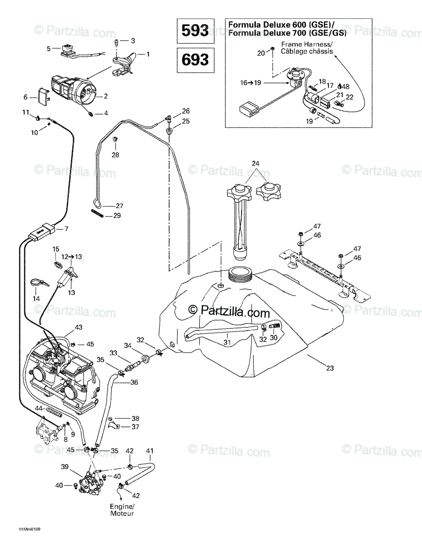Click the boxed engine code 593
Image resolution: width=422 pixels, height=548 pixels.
(195, 31)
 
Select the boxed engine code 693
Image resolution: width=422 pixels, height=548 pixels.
(195, 60)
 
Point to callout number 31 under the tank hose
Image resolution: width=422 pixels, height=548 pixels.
(227, 342)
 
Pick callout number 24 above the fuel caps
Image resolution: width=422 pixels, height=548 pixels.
(255, 163)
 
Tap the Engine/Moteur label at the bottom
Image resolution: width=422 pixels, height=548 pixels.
(122, 510)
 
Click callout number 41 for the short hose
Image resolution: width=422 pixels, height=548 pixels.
(149, 451)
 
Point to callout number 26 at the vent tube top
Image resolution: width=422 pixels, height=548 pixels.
(185, 111)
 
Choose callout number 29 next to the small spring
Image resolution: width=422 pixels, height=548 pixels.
(117, 216)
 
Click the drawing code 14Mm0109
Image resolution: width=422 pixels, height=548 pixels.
(29, 529)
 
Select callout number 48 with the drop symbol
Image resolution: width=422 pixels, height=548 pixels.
(345, 86)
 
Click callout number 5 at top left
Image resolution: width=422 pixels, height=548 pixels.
(49, 48)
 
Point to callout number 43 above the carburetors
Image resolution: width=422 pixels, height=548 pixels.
(79, 327)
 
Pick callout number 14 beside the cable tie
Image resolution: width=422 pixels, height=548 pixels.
(36, 299)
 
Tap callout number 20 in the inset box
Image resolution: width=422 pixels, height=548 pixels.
(261, 53)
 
